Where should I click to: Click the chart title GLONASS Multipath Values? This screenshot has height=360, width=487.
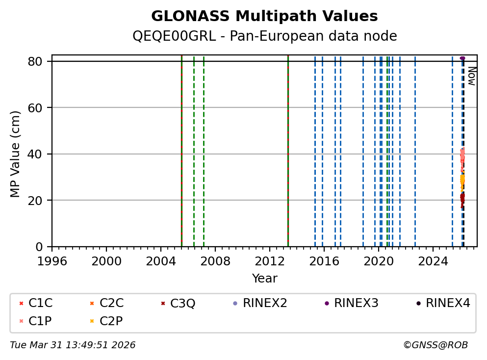point(264,16)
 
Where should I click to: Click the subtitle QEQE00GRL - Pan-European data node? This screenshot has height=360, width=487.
point(264,36)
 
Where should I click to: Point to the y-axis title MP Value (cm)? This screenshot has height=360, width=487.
point(16,154)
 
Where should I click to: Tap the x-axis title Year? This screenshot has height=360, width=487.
point(264,279)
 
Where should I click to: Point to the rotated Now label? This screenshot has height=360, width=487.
point(471,76)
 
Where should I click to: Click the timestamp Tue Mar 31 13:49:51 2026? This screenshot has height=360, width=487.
point(73,345)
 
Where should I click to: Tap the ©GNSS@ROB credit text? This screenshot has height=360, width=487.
point(436,345)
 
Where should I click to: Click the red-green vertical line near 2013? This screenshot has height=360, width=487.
point(288,147)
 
